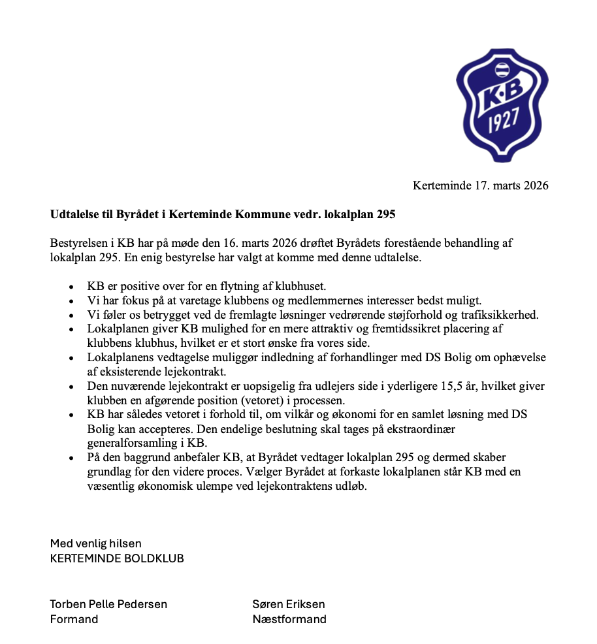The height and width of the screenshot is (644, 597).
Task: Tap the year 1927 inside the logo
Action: tap(502, 121)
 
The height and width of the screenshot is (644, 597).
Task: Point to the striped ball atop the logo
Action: tap(502, 69)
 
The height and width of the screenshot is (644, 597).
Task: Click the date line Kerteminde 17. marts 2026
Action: tap(480, 185)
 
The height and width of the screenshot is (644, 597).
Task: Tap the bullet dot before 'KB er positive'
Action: tap(71, 287)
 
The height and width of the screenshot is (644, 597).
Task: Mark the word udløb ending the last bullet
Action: tap(351, 487)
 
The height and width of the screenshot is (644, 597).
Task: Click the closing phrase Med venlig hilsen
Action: tap(96, 543)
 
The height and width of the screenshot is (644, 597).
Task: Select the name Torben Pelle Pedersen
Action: tap(108, 604)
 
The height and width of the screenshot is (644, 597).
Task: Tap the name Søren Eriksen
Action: tap(289, 604)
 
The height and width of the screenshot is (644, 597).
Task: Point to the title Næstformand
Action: tap(289, 619)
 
